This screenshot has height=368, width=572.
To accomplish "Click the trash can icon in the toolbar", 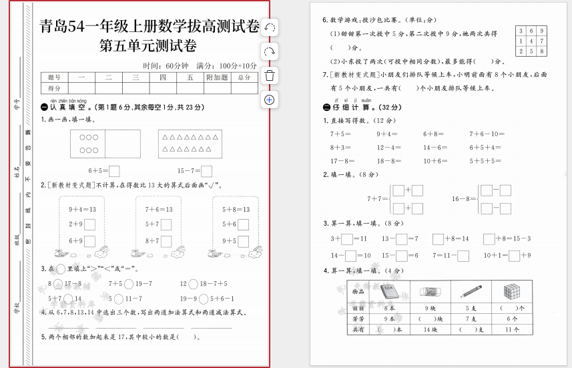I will pos(270,75).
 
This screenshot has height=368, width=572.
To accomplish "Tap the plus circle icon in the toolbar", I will pos(270,100).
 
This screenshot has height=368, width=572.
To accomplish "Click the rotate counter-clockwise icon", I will pos(270,27).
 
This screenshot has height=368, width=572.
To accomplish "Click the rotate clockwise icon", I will pos(270,51).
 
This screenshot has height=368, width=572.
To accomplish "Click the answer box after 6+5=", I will pos(114,170).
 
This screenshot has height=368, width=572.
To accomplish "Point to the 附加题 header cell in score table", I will pos(216,77).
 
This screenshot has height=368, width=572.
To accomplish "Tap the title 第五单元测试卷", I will pos(148,46).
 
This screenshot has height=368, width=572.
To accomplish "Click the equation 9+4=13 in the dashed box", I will pos(83,209).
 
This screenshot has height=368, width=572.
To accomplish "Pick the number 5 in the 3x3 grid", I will pos(531,51).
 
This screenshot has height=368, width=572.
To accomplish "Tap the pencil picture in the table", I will pos(470,292).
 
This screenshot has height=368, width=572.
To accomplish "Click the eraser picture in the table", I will pos(430,292).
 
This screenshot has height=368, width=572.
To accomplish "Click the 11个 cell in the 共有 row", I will pos(511,329).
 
